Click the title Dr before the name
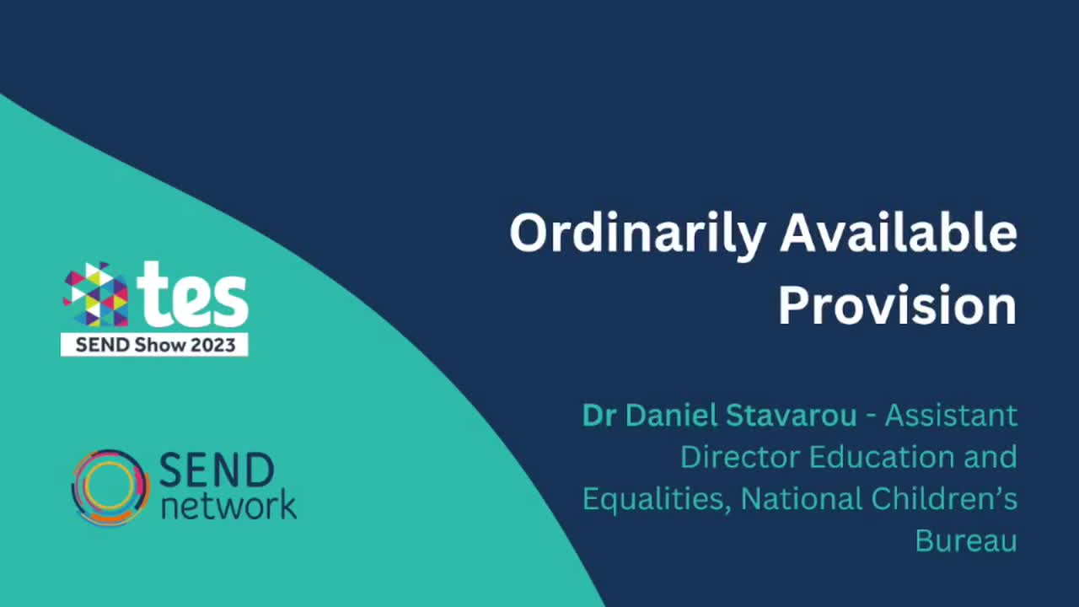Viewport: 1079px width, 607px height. tap(597, 415)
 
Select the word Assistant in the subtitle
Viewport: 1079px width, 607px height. tap(950, 415)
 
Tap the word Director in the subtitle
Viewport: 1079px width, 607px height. tap(739, 457)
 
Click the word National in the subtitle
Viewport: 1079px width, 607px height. tap(801, 499)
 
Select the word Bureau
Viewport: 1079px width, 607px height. tap(966, 540)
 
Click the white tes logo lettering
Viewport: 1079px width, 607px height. tap(193, 295)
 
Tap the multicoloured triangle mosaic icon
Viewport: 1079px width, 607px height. tap(96, 294)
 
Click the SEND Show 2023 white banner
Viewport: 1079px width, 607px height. tap(154, 344)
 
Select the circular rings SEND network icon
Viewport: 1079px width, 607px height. tap(110, 487)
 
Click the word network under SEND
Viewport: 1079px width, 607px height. tap(228, 505)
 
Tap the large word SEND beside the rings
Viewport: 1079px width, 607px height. tap(216, 470)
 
